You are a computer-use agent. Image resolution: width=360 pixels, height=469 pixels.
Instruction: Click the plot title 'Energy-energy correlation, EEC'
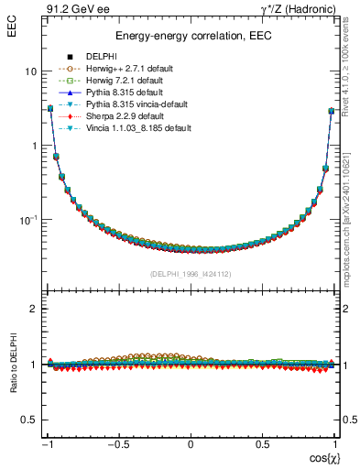point(190,37)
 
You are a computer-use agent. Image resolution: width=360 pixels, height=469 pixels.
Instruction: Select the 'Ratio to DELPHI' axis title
point(15,364)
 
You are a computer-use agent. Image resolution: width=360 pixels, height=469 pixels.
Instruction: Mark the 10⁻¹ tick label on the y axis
point(28,220)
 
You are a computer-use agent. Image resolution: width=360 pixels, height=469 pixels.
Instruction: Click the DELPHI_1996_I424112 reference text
point(190,273)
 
